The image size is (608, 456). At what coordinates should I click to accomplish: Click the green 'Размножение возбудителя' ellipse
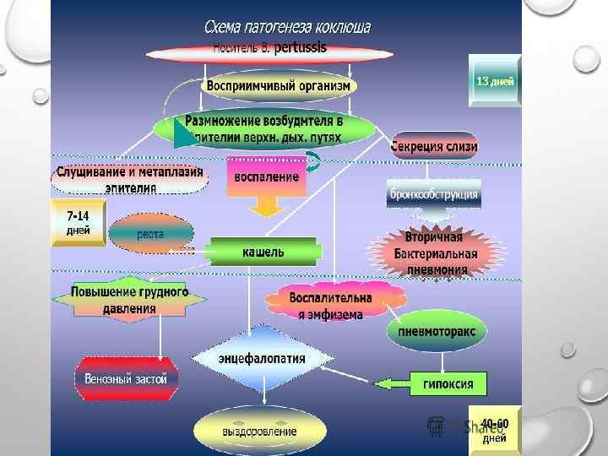(264, 128)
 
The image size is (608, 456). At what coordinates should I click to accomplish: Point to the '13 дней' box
(495, 81)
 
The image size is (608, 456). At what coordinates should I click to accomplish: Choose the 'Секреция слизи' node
(434, 146)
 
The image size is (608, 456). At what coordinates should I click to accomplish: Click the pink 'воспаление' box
(267, 177)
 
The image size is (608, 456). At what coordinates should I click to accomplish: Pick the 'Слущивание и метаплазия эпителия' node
(130, 178)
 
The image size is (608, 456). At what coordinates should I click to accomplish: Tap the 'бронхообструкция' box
(433, 193)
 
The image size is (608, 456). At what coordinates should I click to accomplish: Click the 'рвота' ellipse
(151, 234)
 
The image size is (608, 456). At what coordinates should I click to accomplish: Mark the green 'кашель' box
(263, 252)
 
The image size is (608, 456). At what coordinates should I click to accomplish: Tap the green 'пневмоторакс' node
(437, 332)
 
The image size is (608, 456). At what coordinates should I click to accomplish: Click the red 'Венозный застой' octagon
(126, 378)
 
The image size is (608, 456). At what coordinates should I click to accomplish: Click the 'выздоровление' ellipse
(259, 431)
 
